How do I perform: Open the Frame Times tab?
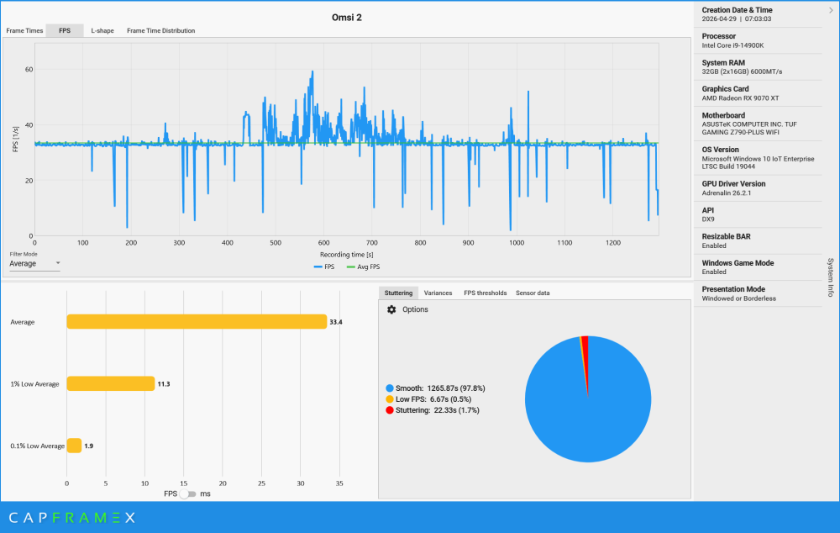[x=24, y=30]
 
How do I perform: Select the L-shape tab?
[x=102, y=30]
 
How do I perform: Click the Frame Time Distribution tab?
[x=160, y=30]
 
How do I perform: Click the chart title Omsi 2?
[x=347, y=17]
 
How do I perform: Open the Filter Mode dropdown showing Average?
[x=34, y=264]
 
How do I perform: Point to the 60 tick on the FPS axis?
[x=29, y=69]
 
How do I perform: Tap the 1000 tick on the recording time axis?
[x=517, y=243]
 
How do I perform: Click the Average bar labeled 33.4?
[x=197, y=322]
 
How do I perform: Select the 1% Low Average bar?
[x=111, y=383]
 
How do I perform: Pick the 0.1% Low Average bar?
[x=74, y=446]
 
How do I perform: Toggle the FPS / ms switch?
[x=187, y=493]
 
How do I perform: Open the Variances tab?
[x=438, y=293]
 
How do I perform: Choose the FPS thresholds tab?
[x=485, y=293]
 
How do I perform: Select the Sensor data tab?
[x=533, y=293]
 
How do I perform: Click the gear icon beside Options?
[x=391, y=309]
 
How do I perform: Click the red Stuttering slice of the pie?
[x=585, y=354]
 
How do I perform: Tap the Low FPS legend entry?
[x=428, y=399]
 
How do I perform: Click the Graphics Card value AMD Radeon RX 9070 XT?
[x=740, y=98]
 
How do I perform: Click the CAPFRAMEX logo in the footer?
[x=72, y=518]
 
